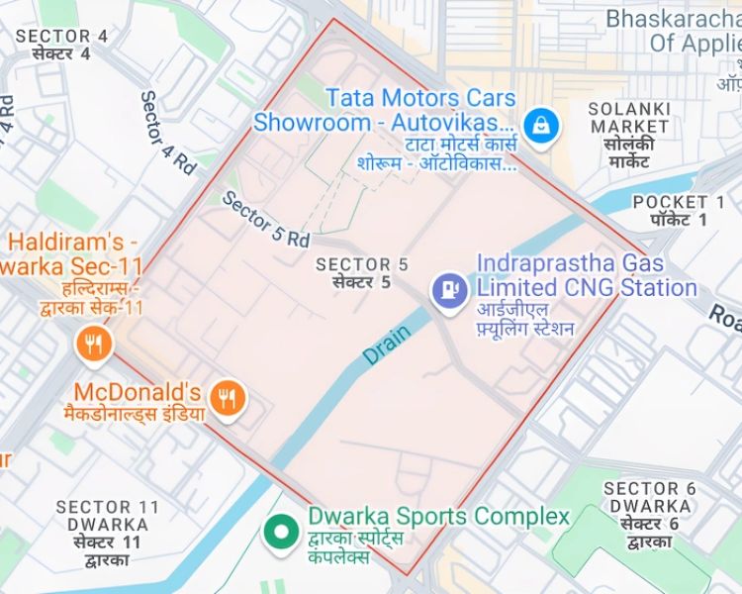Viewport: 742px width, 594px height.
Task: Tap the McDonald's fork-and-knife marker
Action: tap(229, 400)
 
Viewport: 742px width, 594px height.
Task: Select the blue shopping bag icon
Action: tap(542, 126)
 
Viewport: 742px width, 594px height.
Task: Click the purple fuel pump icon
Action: tap(451, 289)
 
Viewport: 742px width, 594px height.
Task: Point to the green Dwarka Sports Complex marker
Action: tap(281, 532)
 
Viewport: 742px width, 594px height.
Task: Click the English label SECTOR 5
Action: tap(361, 264)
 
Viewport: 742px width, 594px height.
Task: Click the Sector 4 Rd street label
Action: tap(167, 134)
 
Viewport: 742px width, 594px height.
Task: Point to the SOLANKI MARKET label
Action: tap(628, 117)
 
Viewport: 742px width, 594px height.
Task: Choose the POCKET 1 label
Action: tap(671, 202)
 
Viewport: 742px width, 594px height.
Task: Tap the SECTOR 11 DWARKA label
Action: tap(108, 516)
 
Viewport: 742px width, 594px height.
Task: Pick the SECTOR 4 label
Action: tap(61, 37)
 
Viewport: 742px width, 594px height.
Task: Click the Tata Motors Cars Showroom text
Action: tap(385, 111)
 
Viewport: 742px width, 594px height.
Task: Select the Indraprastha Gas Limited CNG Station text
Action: tap(586, 275)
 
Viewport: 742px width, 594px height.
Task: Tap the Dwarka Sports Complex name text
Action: tap(438, 517)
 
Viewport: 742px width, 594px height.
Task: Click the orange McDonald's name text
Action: tap(138, 392)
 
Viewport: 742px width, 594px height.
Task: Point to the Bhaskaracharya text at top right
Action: tap(673, 19)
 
